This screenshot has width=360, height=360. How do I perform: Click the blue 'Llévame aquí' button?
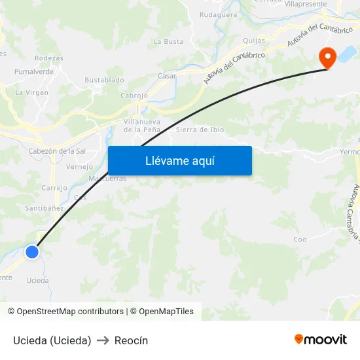[x=179, y=160]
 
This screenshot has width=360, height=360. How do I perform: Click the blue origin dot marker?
[x=32, y=251]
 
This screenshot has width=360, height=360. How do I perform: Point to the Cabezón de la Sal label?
[x=57, y=151]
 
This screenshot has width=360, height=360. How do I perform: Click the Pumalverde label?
[x=34, y=71]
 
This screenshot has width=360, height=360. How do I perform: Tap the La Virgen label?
[x=32, y=92]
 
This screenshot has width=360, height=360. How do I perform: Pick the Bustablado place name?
[x=104, y=80]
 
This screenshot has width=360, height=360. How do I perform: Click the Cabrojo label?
[x=134, y=95]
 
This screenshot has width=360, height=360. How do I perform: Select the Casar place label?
[x=167, y=76]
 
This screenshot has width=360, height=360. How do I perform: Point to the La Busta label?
[x=168, y=41]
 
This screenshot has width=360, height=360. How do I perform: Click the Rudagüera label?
[x=218, y=14]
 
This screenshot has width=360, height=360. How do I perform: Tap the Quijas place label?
[x=254, y=41]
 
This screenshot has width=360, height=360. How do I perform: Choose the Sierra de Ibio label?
[x=200, y=130]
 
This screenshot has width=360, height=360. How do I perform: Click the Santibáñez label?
[x=45, y=208]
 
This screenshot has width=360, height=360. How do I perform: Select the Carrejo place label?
[x=54, y=188]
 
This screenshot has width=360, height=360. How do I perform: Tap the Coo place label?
[x=300, y=240]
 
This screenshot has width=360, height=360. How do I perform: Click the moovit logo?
[x=321, y=339]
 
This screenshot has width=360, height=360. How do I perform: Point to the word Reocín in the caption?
[x=131, y=340]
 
